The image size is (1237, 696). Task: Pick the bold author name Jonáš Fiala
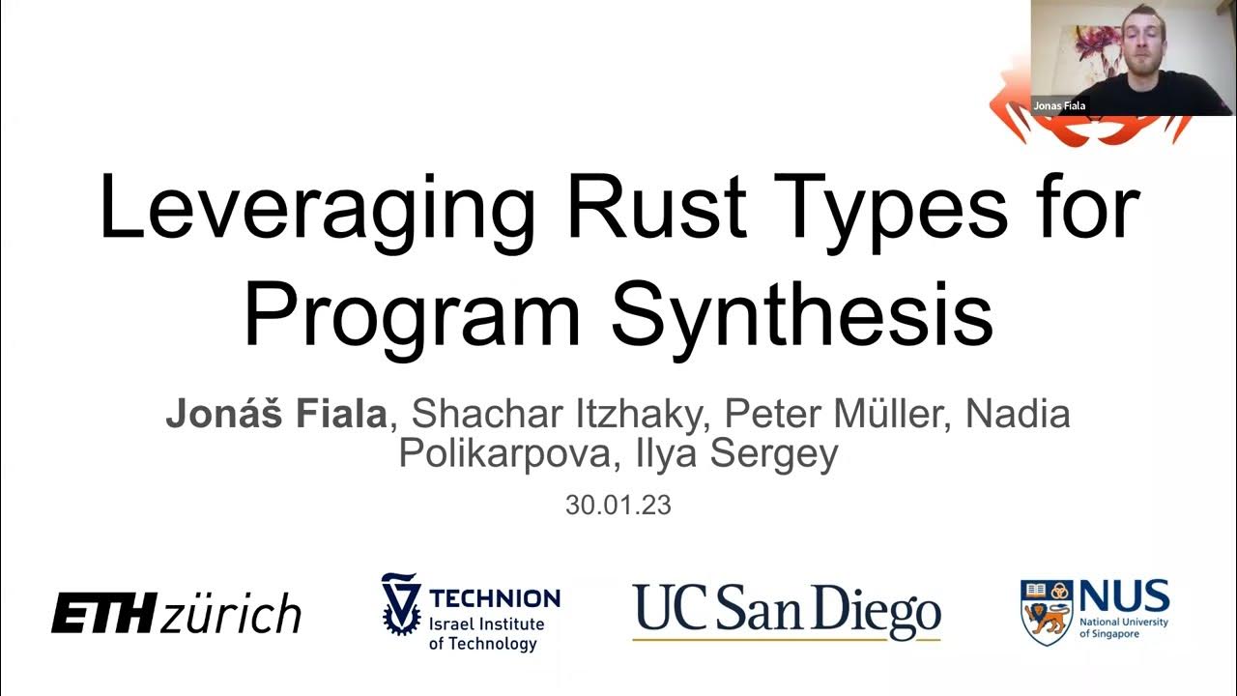click(276, 414)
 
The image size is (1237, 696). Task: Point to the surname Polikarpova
click(503, 452)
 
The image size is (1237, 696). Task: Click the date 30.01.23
click(618, 506)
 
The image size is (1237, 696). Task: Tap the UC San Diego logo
click(787, 610)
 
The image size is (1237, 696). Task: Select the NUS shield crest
click(1047, 612)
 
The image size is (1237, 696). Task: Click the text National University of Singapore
click(1124, 627)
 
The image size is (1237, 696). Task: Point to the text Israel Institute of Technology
click(486, 634)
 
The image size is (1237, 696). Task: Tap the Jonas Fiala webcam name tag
click(1059, 105)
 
